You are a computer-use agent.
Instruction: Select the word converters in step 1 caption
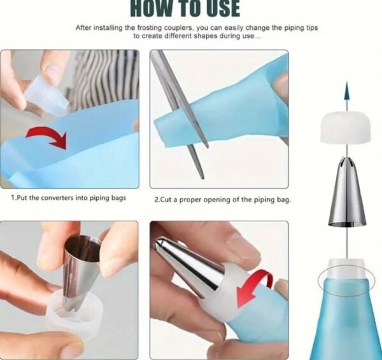click(x=57, y=198)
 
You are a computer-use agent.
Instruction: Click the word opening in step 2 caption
click(x=213, y=200)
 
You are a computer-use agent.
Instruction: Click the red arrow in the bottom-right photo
click(x=255, y=288)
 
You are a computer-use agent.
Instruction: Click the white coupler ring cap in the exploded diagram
click(x=346, y=127)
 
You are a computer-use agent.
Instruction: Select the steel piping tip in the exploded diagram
click(x=347, y=191)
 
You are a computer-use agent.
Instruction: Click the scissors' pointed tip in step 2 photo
click(x=202, y=179)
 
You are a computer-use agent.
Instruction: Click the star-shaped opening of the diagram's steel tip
click(x=347, y=162)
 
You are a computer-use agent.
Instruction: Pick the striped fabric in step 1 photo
click(x=107, y=80)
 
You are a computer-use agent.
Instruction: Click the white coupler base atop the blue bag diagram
click(x=347, y=268)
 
